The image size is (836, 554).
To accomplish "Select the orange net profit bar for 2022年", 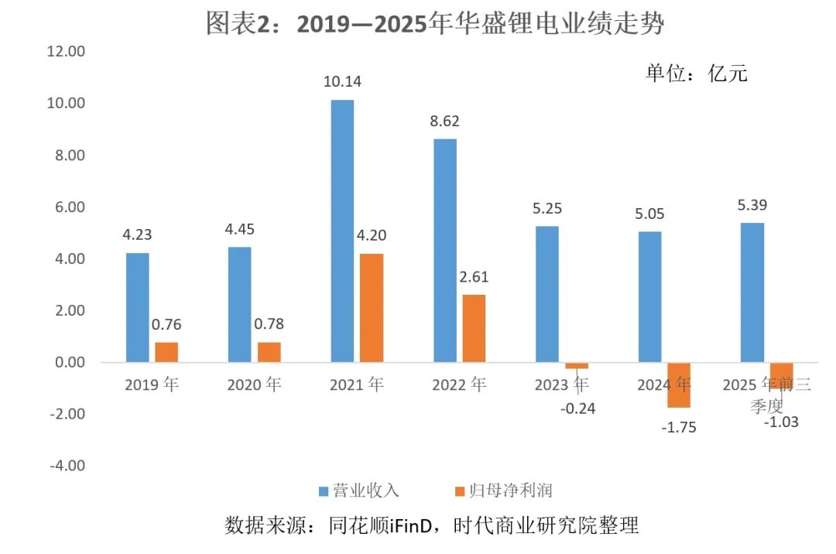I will point(474,328).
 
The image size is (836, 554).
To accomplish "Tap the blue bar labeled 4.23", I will point(138,307).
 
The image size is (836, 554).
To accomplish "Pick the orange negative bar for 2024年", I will point(679,385).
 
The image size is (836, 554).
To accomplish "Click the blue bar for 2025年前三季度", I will point(752,292).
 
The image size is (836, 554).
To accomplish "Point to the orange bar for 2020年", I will point(269,352).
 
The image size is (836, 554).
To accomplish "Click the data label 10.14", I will point(342,81).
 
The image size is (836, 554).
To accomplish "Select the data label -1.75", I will point(678,426).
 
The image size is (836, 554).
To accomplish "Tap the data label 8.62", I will point(445,121).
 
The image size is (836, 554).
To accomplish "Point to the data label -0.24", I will point(577,409).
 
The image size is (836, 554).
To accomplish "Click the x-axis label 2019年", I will point(152,385).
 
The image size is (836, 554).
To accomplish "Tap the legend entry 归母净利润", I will point(515,491).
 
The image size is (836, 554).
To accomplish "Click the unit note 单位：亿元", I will point(697,74).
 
